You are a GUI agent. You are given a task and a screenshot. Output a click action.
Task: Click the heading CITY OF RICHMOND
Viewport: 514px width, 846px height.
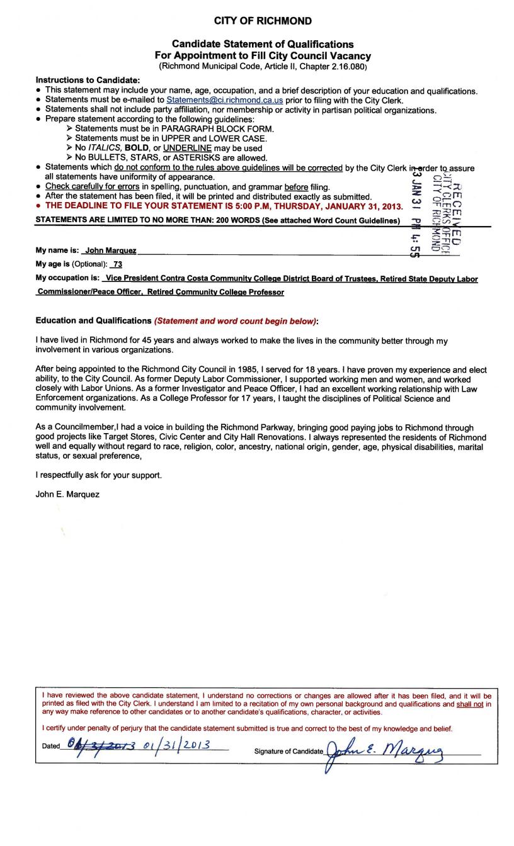(x=263, y=21)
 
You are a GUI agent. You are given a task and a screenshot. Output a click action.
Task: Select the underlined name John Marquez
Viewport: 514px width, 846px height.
(x=111, y=251)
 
